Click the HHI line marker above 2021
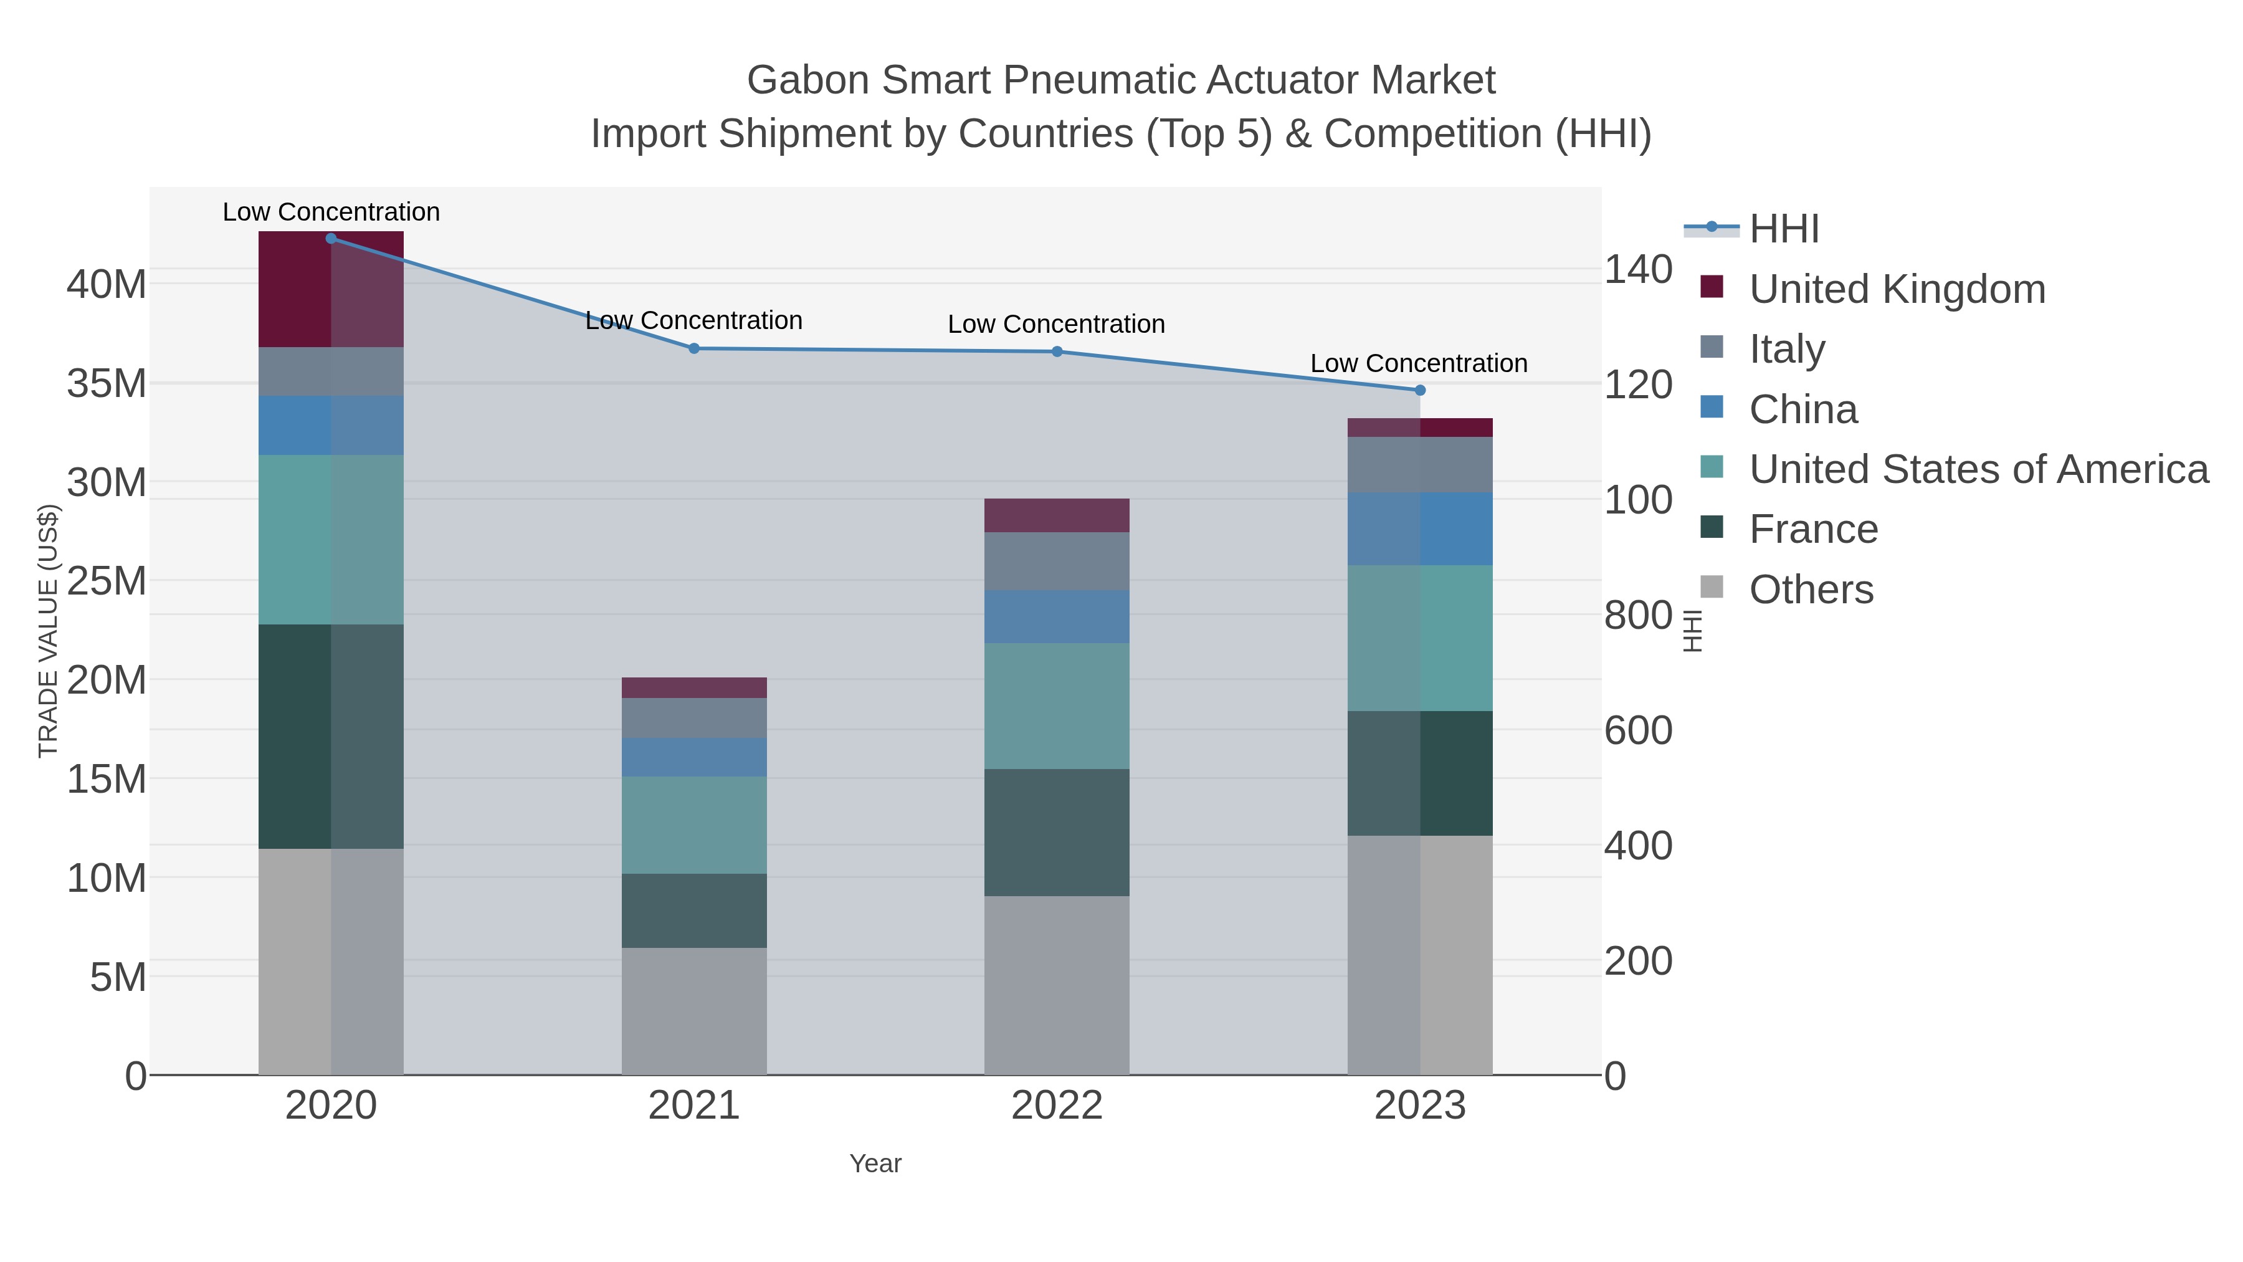[x=694, y=348]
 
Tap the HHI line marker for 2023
[x=1420, y=390]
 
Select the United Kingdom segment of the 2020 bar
[x=331, y=289]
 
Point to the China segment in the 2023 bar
[x=1420, y=528]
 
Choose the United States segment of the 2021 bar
[x=694, y=825]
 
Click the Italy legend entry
[x=1787, y=349]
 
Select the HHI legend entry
[x=1783, y=229]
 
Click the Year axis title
[x=875, y=1164]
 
